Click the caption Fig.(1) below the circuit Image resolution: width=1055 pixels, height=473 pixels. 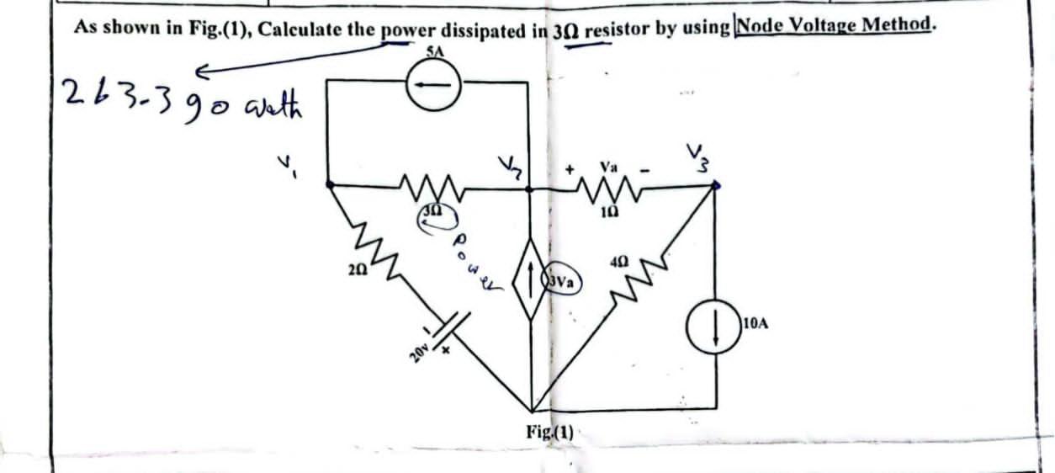[549, 433]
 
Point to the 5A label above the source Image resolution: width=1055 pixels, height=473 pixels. [433, 51]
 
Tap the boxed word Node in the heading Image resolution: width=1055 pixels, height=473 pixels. [757, 25]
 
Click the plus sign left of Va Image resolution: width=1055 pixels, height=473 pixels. [570, 171]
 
